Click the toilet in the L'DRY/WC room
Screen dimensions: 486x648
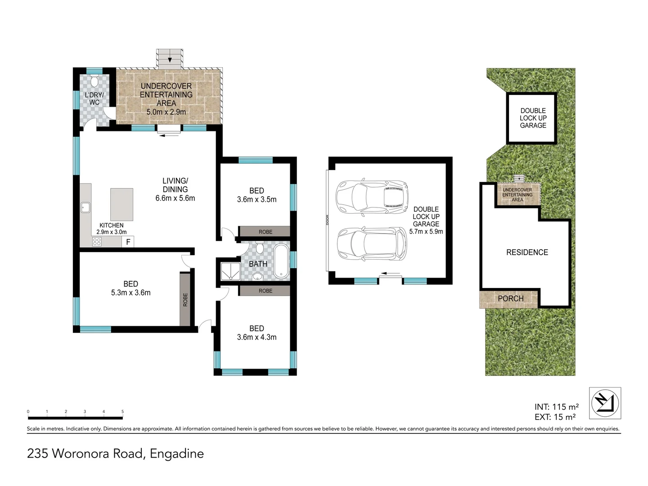coord(94,82)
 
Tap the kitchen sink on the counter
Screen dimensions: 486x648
coord(85,207)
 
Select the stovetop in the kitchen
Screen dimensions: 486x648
coord(97,242)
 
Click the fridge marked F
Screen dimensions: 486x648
coord(128,242)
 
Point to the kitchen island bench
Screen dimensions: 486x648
coord(121,204)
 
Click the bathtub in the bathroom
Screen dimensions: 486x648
coord(281,261)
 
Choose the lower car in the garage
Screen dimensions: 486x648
coord(372,244)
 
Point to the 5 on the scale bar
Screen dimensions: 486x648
coord(122,411)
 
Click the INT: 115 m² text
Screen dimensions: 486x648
coord(557,407)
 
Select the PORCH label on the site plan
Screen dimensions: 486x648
coord(510,298)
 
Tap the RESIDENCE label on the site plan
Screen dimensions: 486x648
coord(527,252)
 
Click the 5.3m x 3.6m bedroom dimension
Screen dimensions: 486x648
coord(130,292)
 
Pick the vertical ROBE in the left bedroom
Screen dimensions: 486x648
coord(185,299)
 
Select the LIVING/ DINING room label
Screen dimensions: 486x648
coord(175,185)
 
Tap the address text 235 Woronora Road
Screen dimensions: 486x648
coord(115,453)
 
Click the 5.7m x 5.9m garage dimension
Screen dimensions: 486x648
coord(426,232)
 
